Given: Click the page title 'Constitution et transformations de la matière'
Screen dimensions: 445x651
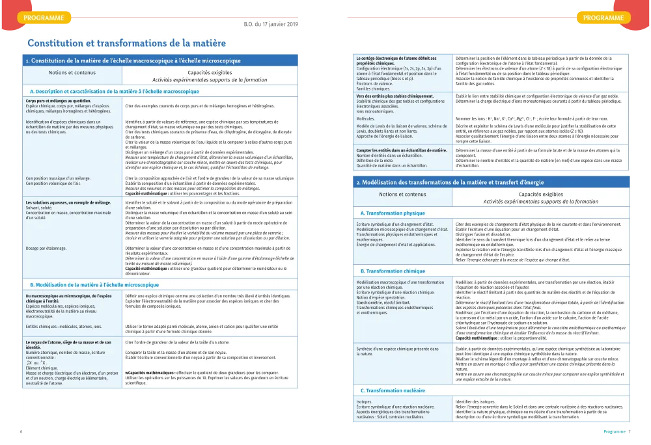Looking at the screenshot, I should [126, 44].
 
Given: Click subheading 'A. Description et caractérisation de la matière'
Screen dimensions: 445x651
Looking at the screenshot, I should [115, 92].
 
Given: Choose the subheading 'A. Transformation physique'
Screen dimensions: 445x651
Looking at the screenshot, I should [393, 213].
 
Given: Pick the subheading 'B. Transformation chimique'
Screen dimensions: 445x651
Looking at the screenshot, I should [393, 271].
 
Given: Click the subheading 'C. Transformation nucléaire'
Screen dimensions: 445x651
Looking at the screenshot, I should [393, 390].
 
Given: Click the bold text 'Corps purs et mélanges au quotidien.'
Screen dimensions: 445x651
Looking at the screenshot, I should [58, 101].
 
